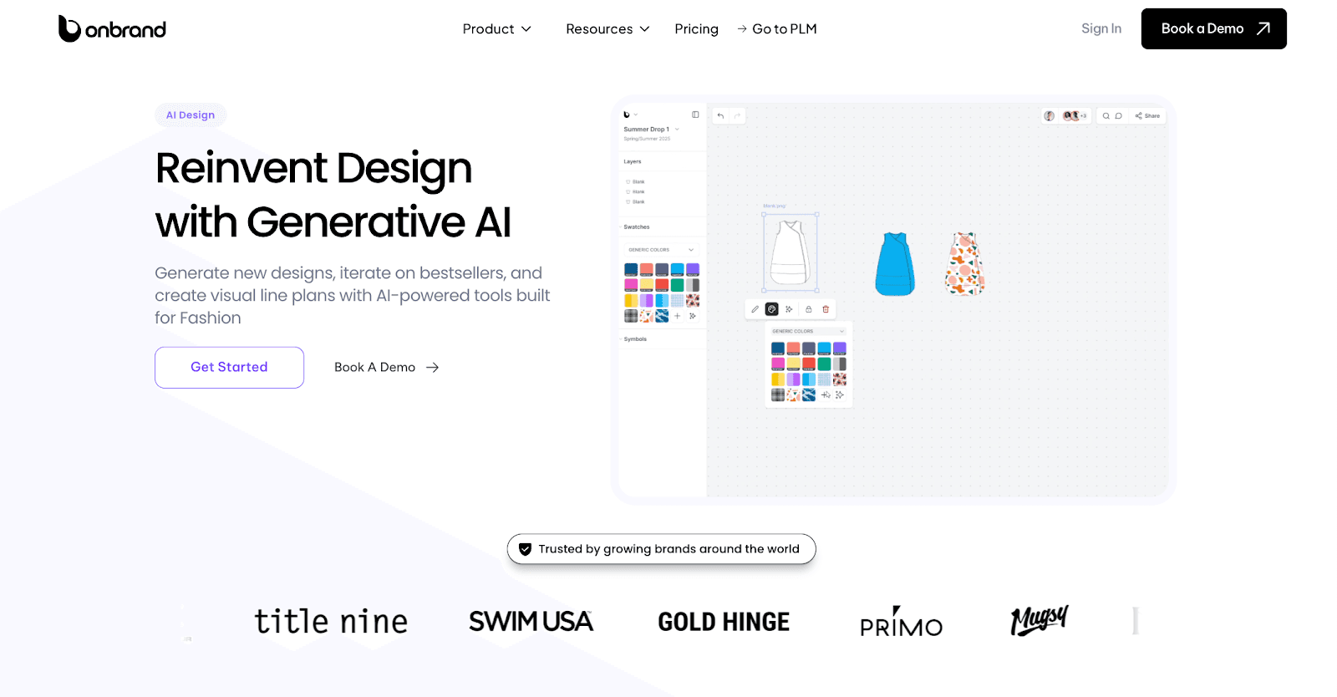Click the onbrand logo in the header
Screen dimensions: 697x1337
click(112, 29)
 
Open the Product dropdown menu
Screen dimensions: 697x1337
click(496, 29)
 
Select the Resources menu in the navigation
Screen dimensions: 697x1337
click(607, 29)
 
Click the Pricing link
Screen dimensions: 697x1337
click(696, 29)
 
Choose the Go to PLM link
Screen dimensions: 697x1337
click(776, 29)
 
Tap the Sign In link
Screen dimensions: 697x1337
click(1101, 28)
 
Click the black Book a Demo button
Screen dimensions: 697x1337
click(1213, 28)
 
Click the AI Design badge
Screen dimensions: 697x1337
click(191, 115)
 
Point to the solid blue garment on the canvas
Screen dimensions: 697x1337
click(894, 264)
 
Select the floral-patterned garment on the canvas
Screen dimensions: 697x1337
click(965, 264)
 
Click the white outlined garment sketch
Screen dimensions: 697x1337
click(790, 252)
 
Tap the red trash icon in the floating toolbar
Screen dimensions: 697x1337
click(826, 309)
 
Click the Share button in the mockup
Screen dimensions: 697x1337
click(1147, 116)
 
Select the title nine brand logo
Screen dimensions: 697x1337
click(331, 622)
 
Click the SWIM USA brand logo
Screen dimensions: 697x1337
click(531, 622)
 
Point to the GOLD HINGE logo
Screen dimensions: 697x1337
click(724, 622)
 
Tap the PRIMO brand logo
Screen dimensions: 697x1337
click(901, 623)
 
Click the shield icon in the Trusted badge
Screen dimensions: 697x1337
click(525, 549)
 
